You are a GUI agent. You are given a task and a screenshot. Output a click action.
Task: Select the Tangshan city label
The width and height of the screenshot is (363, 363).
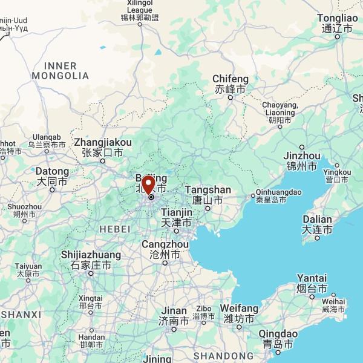208,194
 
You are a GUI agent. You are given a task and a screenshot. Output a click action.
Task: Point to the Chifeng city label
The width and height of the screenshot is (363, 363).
231,84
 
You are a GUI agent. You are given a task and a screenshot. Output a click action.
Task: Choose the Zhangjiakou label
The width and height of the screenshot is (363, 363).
102,147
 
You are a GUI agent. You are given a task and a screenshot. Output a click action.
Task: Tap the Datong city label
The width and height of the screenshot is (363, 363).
52,176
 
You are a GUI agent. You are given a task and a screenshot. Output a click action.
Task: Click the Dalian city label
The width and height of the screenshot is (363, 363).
318,224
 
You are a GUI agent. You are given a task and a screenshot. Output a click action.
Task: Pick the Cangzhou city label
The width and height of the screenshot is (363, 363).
164,250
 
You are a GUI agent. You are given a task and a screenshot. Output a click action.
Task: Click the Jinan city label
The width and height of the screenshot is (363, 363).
173,315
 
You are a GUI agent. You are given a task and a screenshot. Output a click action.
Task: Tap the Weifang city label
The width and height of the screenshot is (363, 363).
239,313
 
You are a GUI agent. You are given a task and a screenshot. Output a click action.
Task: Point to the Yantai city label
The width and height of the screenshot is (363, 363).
312,283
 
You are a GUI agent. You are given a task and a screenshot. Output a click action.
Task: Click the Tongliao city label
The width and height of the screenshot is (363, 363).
338,23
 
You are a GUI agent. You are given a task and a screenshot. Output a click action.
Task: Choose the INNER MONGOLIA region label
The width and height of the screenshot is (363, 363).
60,71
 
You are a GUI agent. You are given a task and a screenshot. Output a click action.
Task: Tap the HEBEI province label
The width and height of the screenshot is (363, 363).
115,229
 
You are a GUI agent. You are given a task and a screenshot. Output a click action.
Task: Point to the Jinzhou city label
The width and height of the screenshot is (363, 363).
302,160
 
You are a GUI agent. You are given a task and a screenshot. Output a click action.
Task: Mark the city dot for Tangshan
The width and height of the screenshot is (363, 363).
208,209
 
